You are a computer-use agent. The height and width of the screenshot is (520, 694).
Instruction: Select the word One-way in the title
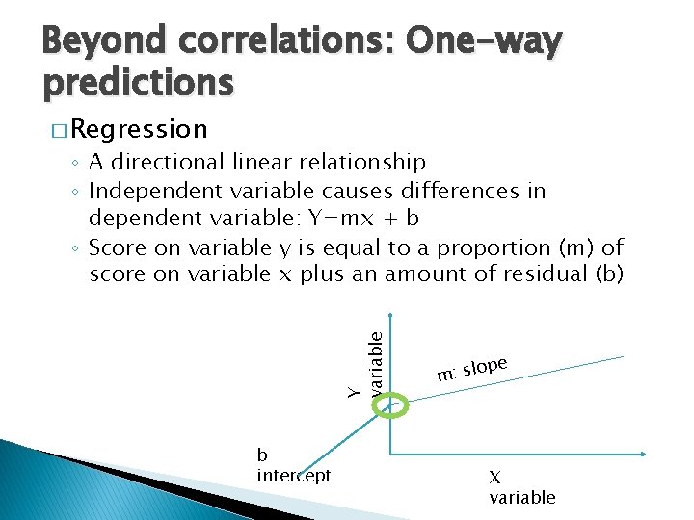tap(483, 41)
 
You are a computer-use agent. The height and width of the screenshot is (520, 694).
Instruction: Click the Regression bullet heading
tap(138, 129)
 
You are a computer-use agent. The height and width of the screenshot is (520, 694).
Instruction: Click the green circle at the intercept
tap(392, 408)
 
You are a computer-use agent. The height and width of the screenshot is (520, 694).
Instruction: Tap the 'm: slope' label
tap(471, 368)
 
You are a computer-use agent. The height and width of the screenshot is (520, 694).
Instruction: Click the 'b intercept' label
tap(293, 466)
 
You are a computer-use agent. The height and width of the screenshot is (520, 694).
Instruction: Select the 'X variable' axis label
tap(521, 487)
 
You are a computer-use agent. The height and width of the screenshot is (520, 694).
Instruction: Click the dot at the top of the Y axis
tap(390, 315)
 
